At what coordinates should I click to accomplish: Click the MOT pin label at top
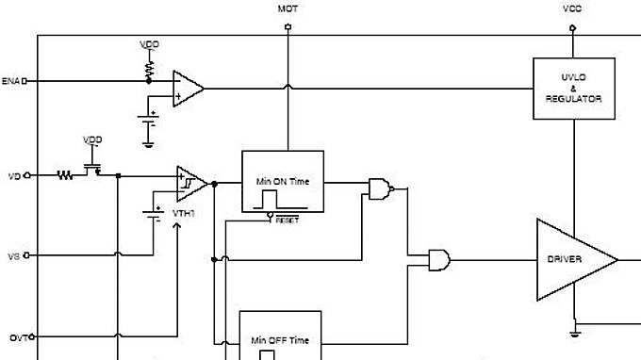pyautogui.click(x=288, y=8)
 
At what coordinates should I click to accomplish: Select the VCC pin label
pyautogui.click(x=572, y=8)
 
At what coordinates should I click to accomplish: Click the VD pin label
pyautogui.click(x=13, y=175)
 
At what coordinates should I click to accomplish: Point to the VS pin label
pyautogui.click(x=13, y=255)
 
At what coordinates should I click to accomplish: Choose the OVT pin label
pyautogui.click(x=14, y=336)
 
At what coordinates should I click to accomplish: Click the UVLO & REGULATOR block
pyautogui.click(x=573, y=89)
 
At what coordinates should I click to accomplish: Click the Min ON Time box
pyautogui.click(x=283, y=181)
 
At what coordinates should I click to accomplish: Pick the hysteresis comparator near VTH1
pyautogui.click(x=190, y=183)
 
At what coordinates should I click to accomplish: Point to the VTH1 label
pyautogui.click(x=183, y=214)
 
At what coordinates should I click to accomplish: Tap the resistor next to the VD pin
pyautogui.click(x=65, y=175)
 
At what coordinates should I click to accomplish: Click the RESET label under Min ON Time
pyautogui.click(x=287, y=219)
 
